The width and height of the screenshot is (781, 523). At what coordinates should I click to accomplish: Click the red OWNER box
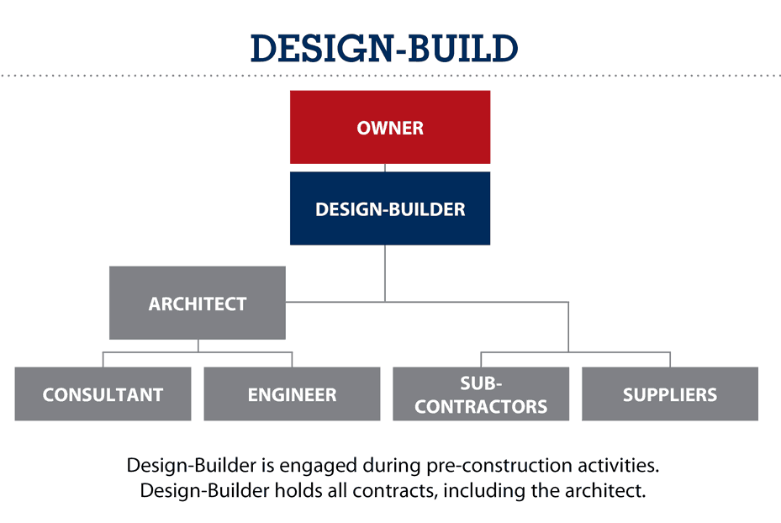(389, 128)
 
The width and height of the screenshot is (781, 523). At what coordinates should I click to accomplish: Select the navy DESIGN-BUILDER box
(389, 209)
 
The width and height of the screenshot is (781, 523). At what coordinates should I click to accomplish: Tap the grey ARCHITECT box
(198, 304)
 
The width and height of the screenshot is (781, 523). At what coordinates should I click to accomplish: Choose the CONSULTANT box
(103, 394)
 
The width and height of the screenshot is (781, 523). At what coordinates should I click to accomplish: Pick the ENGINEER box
(292, 394)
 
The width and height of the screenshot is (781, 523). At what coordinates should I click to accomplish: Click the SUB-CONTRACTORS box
(481, 394)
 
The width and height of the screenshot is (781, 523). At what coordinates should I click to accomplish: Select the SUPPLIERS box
(670, 394)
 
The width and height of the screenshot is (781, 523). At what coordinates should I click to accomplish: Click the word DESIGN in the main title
(316, 49)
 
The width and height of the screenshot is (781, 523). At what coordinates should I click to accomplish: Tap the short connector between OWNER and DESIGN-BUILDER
(385, 168)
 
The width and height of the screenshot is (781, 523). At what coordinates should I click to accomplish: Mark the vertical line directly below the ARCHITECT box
(198, 346)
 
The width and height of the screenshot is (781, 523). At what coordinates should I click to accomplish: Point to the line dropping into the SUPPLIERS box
(670, 360)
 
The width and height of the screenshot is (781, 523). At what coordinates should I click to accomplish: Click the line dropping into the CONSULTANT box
(103, 360)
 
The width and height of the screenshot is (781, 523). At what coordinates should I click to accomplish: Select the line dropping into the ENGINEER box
(292, 360)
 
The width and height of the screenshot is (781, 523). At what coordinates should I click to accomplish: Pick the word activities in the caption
(609, 465)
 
